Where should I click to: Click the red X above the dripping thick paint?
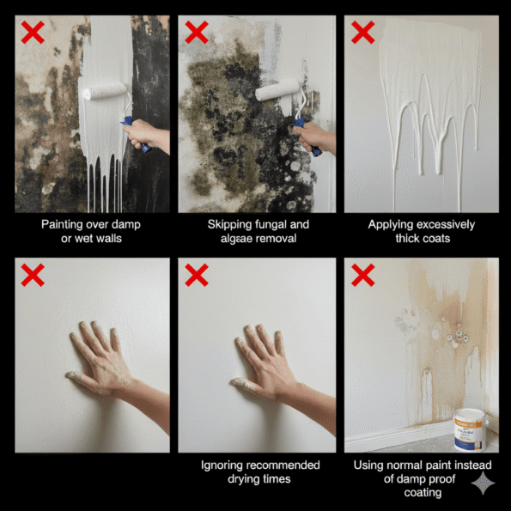tap(362, 33)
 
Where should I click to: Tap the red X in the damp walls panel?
tap(33, 33)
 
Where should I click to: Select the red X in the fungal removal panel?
tap(197, 33)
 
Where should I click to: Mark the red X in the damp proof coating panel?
tap(362, 275)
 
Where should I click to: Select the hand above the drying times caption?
tap(261, 361)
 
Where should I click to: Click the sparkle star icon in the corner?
tap(483, 484)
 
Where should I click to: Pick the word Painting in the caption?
tap(63, 224)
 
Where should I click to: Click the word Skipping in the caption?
tap(231, 224)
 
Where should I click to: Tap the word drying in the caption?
tap(242, 479)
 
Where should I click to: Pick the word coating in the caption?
tap(421, 493)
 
